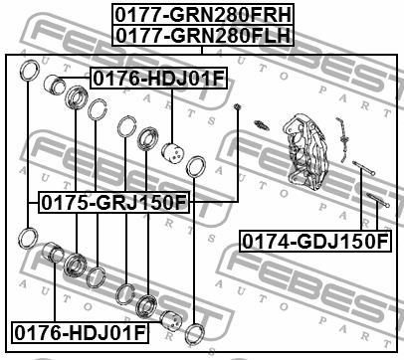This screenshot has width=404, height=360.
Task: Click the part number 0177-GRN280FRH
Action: (203, 15)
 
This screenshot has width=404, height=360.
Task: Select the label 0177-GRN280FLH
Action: (203, 35)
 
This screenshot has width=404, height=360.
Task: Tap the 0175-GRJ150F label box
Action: (114, 202)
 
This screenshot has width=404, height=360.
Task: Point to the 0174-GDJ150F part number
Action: (314, 242)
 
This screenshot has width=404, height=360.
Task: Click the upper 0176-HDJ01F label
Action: (158, 79)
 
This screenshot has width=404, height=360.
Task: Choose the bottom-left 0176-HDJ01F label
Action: (80, 332)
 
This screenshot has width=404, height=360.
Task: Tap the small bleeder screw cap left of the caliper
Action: (237, 106)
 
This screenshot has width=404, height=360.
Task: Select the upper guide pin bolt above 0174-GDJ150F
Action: (363, 168)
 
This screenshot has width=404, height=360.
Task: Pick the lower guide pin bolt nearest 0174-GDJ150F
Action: (378, 200)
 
